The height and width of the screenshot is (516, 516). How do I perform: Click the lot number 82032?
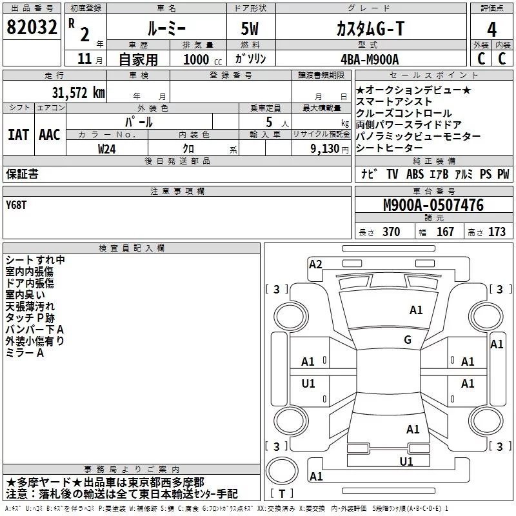point(32,27)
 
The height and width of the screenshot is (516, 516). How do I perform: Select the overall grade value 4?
point(491,30)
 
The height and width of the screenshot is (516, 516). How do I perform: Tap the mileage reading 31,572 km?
point(78,93)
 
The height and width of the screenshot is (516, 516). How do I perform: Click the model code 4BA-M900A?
point(370,59)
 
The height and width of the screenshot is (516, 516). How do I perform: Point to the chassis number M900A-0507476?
point(433,205)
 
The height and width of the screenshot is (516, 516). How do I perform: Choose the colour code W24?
point(106,149)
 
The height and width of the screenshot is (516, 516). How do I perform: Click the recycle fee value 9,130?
point(325,149)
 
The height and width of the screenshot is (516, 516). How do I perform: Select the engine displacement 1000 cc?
point(203,59)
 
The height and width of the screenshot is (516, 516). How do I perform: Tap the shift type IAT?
point(19,135)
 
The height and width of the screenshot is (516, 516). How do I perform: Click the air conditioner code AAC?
point(50,135)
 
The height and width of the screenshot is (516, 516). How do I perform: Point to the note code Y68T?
point(15,205)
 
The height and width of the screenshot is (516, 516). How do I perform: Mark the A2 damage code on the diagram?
point(315,264)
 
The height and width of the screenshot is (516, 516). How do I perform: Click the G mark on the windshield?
point(408,340)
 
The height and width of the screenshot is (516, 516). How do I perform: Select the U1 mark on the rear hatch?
point(406,461)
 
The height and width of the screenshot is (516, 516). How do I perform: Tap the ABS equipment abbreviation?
point(415,174)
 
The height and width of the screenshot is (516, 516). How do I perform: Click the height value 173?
point(497,232)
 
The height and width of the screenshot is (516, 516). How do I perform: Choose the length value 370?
point(392,232)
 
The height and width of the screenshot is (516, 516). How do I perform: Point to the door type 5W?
point(250,28)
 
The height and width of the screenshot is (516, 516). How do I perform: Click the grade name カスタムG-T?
point(370,28)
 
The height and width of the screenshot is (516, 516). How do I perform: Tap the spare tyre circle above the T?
point(282,471)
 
